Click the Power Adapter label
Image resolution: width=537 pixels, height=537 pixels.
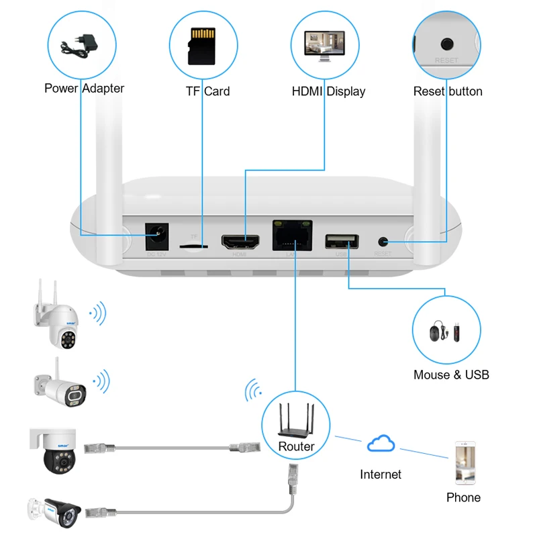click(84, 88)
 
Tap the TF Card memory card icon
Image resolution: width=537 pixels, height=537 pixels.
click(201, 46)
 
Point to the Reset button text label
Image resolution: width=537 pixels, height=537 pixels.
click(447, 91)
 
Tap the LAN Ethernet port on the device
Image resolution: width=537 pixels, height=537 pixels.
click(293, 236)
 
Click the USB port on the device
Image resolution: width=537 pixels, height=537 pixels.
click(341, 241)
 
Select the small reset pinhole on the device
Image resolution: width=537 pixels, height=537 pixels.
click(383, 241)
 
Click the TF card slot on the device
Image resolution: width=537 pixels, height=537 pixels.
click(194, 246)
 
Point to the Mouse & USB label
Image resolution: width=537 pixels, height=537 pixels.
click(451, 375)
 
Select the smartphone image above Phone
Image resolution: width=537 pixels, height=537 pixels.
click(465, 462)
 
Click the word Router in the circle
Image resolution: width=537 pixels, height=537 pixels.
click(296, 446)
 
